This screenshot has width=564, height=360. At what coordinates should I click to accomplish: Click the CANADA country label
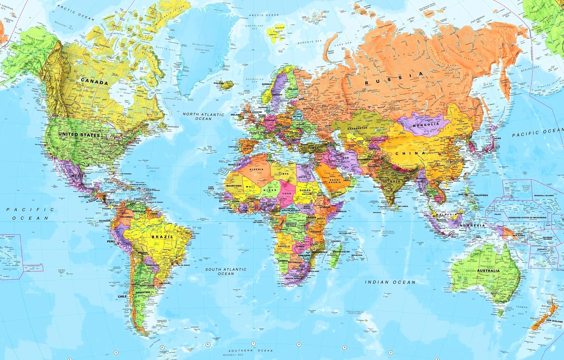click(x=94, y=83)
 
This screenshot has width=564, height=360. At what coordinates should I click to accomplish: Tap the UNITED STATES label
click(x=79, y=135)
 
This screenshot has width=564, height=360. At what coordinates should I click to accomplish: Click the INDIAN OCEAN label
click(x=390, y=282)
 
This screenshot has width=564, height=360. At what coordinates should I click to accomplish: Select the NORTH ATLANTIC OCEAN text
click(x=203, y=116)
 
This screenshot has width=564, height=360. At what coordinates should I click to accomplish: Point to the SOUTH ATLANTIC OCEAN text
click(x=226, y=271)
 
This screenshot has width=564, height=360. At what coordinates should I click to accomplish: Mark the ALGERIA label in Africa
click(x=256, y=169)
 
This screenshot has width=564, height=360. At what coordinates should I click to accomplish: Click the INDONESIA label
click(x=473, y=226)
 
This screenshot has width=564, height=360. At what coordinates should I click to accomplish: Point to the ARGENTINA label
click(x=142, y=292)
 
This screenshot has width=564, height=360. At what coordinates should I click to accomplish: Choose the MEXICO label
click(x=79, y=176)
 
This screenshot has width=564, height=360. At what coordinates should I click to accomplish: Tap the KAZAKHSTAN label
click(x=358, y=127)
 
